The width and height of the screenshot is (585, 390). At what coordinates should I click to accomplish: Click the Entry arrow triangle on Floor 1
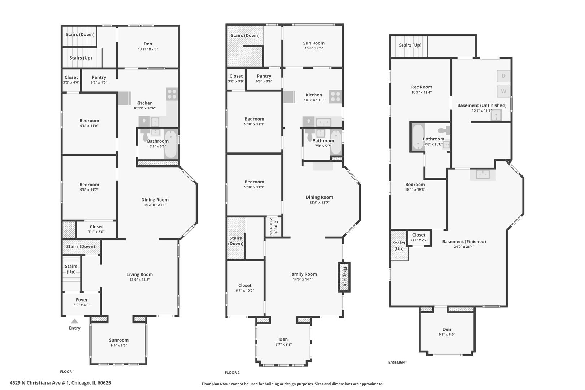coord(75,321)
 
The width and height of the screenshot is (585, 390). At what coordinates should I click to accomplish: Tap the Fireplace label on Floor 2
coord(345,276)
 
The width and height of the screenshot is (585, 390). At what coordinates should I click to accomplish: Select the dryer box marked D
coord(503,76)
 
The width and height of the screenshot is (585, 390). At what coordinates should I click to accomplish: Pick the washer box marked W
coord(503,91)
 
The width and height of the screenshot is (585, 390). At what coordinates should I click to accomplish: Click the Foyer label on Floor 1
coord(82,300)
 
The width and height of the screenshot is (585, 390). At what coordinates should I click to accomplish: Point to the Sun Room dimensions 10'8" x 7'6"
coord(314,48)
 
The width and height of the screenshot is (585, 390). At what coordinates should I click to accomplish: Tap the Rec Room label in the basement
coord(421,87)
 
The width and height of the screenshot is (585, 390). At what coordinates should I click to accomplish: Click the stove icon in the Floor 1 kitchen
coord(172,94)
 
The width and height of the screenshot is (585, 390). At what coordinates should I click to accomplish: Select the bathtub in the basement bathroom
coord(418,137)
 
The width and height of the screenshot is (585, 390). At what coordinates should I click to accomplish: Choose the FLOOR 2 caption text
coord(232,373)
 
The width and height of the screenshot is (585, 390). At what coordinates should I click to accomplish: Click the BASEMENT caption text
coord(398,362)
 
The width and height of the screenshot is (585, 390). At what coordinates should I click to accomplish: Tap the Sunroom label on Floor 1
coord(119,340)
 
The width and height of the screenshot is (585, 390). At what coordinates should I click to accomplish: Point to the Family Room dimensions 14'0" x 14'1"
coord(303,279)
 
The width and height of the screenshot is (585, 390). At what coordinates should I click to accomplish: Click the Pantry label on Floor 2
coord(264,76)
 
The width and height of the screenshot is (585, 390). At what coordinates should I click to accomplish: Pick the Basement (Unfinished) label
coord(482,105)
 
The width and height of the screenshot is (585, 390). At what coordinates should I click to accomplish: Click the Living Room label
coord(140,274)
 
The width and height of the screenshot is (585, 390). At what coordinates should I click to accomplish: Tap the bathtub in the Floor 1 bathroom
coord(171,144)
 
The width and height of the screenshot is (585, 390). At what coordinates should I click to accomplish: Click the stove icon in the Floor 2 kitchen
coord(335,97)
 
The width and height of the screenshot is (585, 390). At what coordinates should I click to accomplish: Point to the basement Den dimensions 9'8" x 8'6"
coord(447,334)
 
